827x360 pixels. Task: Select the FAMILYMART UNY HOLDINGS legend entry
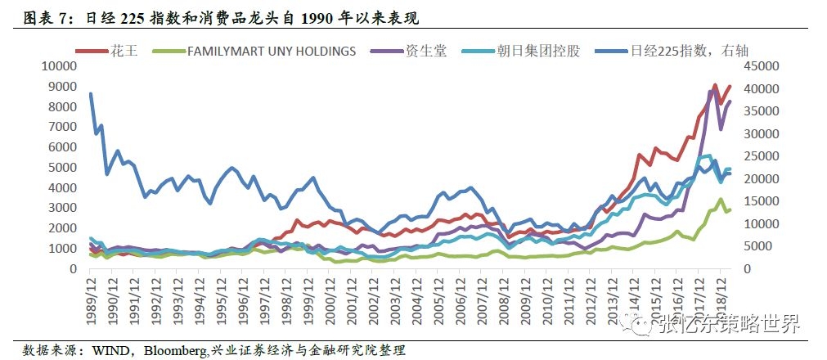pos(271,51)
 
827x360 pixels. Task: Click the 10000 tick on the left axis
pos(61,66)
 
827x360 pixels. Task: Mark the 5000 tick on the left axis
pos(65,167)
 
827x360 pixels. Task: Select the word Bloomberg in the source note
pos(175,350)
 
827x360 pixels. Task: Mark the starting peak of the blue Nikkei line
pos(90,94)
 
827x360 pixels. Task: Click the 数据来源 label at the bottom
pos(46,350)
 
